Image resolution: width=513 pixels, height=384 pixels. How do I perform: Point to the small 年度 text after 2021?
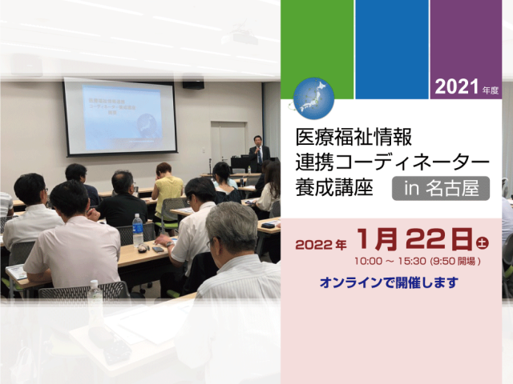491,90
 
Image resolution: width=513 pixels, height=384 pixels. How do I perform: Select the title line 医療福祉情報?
348,133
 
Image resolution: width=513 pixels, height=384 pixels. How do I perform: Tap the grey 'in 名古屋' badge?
440,190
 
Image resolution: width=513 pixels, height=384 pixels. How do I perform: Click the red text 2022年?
321,244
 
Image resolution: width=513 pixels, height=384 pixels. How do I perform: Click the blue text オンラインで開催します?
389,283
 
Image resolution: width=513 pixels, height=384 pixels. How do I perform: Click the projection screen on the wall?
119,115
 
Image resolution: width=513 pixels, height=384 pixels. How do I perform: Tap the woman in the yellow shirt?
168,186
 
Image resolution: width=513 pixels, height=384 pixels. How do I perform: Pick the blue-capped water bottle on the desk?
137,229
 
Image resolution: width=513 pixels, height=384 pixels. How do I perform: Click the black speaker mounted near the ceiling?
193,83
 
